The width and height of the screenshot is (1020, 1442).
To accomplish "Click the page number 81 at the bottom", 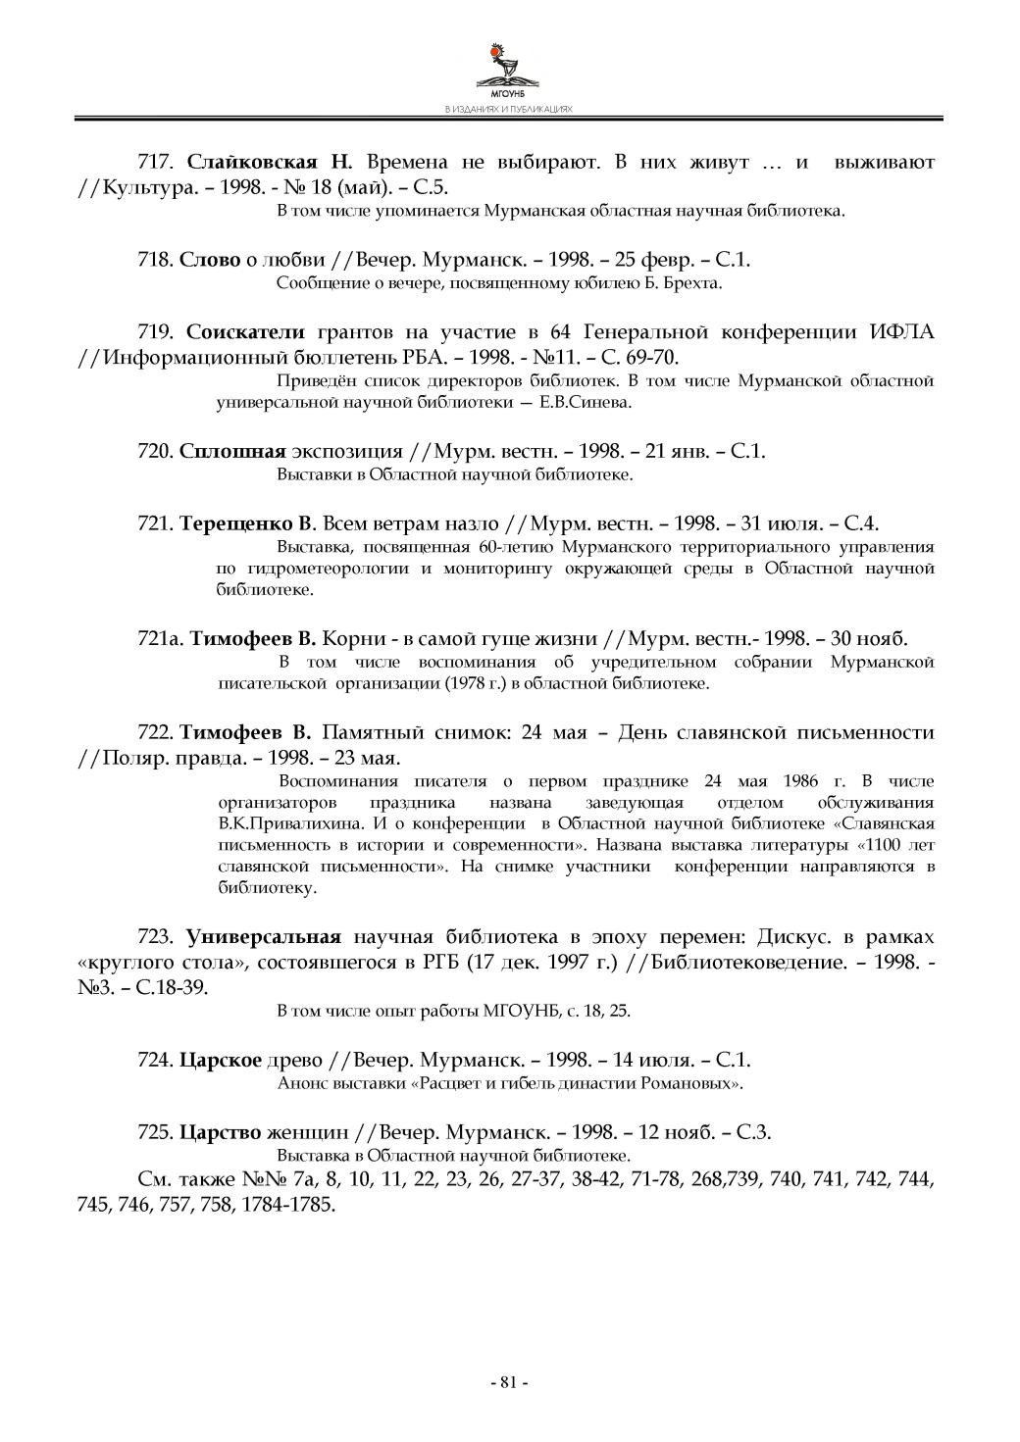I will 508,1382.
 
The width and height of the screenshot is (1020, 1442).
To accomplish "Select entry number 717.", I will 155,162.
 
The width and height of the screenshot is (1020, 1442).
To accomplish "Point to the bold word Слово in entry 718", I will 210,260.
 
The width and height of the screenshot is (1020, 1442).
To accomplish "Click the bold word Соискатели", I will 245,331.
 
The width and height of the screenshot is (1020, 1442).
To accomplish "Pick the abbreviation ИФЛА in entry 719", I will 902,331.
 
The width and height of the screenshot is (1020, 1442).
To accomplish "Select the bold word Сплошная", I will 232,451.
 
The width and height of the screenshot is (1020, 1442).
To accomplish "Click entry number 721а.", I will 160,639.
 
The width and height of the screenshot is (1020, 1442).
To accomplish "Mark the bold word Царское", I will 220,1060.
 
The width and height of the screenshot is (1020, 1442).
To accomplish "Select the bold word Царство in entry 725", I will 220,1132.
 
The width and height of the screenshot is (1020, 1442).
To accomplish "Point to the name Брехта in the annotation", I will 695,284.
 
